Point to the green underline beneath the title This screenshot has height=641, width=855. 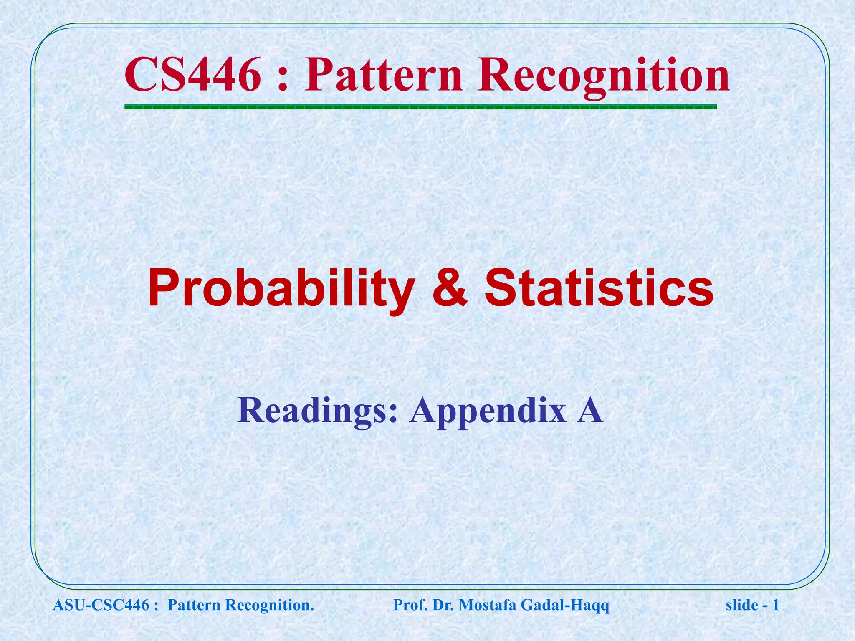tap(420, 107)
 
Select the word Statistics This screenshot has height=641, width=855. tap(599, 288)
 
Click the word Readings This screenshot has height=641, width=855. tap(317, 411)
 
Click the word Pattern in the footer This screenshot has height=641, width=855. tap(194, 605)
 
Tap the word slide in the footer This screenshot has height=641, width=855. tap(742, 605)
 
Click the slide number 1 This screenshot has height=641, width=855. tap(776, 605)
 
